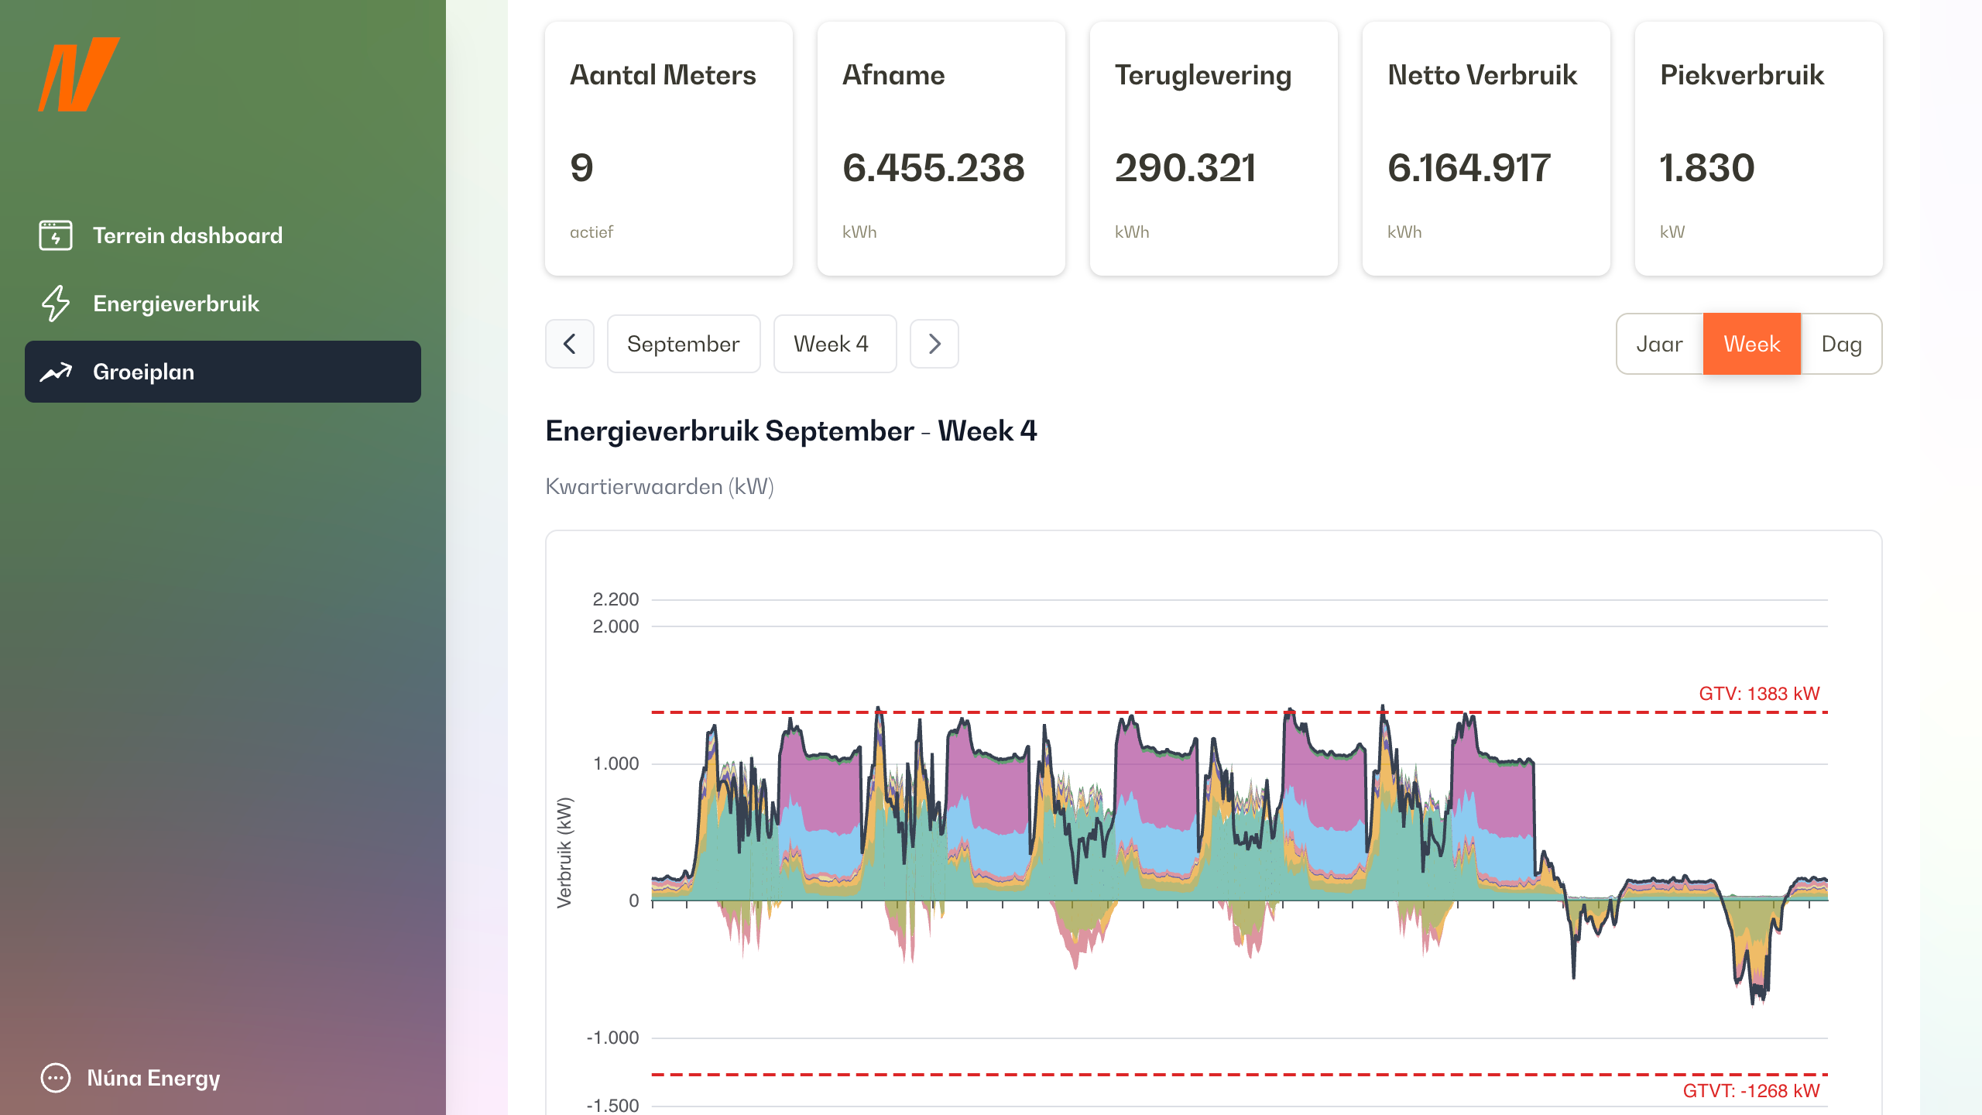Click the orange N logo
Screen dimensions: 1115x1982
(79, 74)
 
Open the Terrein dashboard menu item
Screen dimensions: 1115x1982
(187, 235)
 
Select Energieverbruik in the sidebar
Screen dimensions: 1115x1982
(176, 304)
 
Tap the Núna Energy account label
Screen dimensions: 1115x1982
(153, 1078)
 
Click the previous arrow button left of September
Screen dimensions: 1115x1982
(570, 344)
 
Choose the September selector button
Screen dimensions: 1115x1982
(683, 344)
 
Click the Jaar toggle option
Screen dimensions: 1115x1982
(1659, 344)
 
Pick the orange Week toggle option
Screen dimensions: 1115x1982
(1751, 344)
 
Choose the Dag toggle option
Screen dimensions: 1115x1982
(1841, 344)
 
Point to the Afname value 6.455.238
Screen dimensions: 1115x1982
(933, 168)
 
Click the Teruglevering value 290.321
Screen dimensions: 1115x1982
(1185, 168)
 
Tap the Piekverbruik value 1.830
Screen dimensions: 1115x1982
(1707, 168)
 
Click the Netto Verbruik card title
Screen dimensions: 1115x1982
(1482, 75)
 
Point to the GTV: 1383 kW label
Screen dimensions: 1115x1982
(1758, 694)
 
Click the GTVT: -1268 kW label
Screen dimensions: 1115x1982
(1751, 1091)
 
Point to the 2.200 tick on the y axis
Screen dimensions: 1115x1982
(616, 599)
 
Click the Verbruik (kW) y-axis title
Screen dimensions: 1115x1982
(564, 852)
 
